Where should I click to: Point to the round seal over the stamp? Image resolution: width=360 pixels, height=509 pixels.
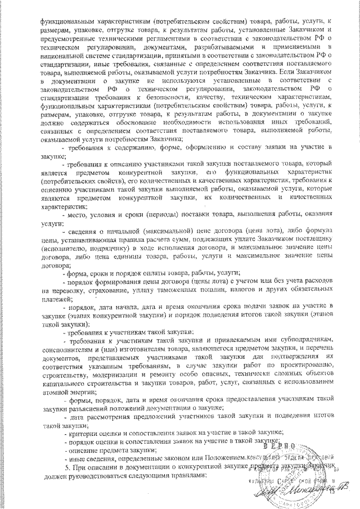tap(304, 470)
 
